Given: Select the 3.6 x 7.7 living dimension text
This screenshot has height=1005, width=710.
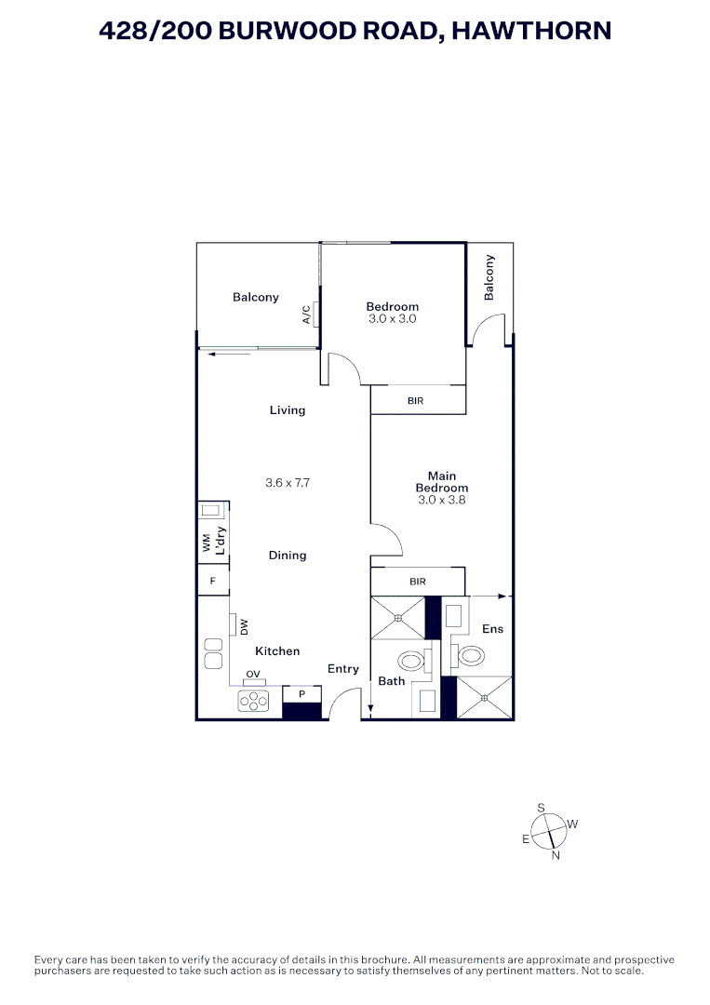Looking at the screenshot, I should pyautogui.click(x=287, y=483).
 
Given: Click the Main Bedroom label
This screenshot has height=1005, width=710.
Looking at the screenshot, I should pyautogui.click(x=441, y=482).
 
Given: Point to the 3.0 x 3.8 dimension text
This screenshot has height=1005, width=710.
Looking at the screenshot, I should pyautogui.click(x=441, y=500).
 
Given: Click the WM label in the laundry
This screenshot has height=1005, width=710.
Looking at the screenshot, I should pyautogui.click(x=207, y=543).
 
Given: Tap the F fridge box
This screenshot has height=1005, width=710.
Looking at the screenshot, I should pyautogui.click(x=213, y=581).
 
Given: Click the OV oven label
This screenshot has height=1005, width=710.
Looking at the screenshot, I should pyautogui.click(x=252, y=675).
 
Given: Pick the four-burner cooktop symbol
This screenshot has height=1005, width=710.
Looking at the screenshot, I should pyautogui.click(x=253, y=702).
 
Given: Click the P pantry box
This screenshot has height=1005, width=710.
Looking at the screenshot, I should pyautogui.click(x=301, y=694).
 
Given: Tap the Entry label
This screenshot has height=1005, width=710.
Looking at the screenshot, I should pyautogui.click(x=342, y=669).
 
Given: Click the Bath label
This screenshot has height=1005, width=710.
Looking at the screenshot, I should pyautogui.click(x=391, y=681).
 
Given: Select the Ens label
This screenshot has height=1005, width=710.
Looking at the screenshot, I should pyautogui.click(x=492, y=629).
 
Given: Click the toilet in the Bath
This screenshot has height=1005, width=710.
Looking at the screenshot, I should pyautogui.click(x=410, y=662).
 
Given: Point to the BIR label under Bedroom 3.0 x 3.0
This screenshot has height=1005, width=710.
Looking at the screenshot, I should pyautogui.click(x=417, y=401).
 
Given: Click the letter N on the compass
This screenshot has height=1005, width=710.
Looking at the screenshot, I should pyautogui.click(x=556, y=856).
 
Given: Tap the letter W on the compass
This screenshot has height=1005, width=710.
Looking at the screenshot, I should pyautogui.click(x=573, y=824).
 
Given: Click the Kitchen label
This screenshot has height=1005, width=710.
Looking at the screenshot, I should pyautogui.click(x=277, y=651).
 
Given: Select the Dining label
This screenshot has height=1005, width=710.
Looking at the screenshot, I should pyautogui.click(x=288, y=556).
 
